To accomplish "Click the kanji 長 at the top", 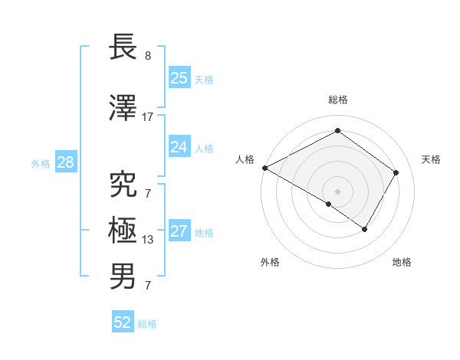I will click(123, 47).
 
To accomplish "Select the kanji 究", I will click(123, 184).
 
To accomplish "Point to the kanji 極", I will click(123, 230).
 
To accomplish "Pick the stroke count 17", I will click(148, 117).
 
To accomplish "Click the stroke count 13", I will click(148, 240).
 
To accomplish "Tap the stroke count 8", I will click(148, 56).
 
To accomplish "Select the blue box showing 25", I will click(179, 77).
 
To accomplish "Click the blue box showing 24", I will click(179, 146).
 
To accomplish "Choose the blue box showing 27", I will click(179, 231).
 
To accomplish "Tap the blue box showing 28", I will click(65, 162).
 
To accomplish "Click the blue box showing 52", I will click(123, 322).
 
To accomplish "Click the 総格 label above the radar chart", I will click(338, 100).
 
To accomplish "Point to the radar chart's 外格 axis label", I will click(270, 262).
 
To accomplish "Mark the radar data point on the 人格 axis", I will click(264, 168).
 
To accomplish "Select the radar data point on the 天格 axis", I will click(396, 172).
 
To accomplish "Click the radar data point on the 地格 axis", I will click(365, 229).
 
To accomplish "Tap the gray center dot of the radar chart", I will click(338, 191).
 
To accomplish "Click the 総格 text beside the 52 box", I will click(147, 324).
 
